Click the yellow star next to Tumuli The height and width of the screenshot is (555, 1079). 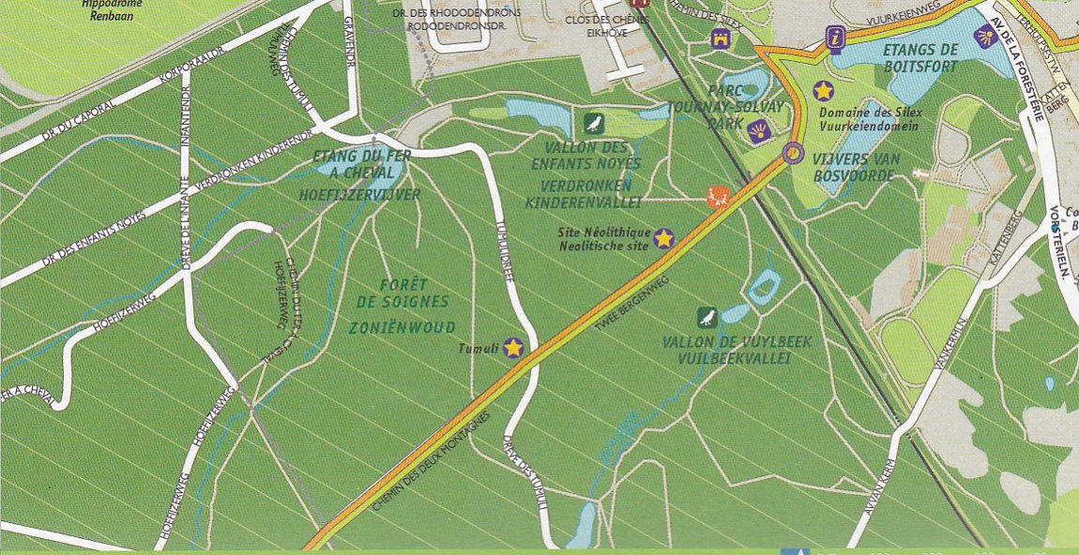513,348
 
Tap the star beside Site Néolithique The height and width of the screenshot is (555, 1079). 663,239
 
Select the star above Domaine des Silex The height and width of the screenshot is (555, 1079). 823,91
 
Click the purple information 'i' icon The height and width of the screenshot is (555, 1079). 834,39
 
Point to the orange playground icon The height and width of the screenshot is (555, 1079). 716,197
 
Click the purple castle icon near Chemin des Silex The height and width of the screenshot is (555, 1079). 721,38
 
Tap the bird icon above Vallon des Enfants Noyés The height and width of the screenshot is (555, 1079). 593,123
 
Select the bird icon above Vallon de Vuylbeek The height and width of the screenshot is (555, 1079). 708,318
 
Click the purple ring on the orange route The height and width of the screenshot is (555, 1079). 794,152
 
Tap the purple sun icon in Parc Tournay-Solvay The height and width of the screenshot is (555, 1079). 760,130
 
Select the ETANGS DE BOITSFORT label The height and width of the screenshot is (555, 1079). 920,57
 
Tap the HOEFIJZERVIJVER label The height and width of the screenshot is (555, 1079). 359,195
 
